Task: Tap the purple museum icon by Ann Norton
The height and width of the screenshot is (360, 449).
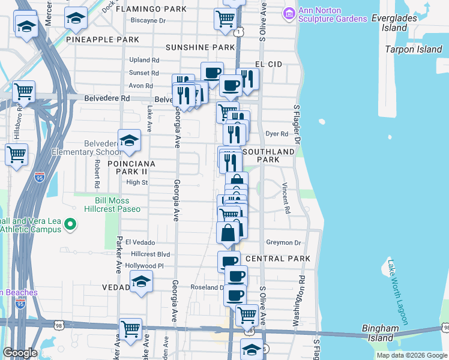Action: click(289, 12)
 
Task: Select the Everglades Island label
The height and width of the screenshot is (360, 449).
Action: click(399, 23)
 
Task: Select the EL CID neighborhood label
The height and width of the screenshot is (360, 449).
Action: click(268, 64)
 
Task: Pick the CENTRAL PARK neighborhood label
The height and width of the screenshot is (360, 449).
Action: click(278, 259)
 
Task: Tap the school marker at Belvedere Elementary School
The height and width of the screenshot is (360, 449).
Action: click(129, 141)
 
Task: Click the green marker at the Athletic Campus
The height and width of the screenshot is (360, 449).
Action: click(70, 225)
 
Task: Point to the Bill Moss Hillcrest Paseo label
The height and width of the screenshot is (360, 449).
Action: click(118, 205)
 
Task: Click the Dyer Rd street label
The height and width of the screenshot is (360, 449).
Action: click(273, 134)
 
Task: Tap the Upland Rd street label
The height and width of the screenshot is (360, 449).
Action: click(144, 60)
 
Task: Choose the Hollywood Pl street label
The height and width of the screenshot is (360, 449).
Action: click(144, 266)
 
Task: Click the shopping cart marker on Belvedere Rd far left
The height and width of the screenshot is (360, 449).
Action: click(23, 93)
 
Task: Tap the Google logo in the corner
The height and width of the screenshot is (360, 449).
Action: click(20, 353)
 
